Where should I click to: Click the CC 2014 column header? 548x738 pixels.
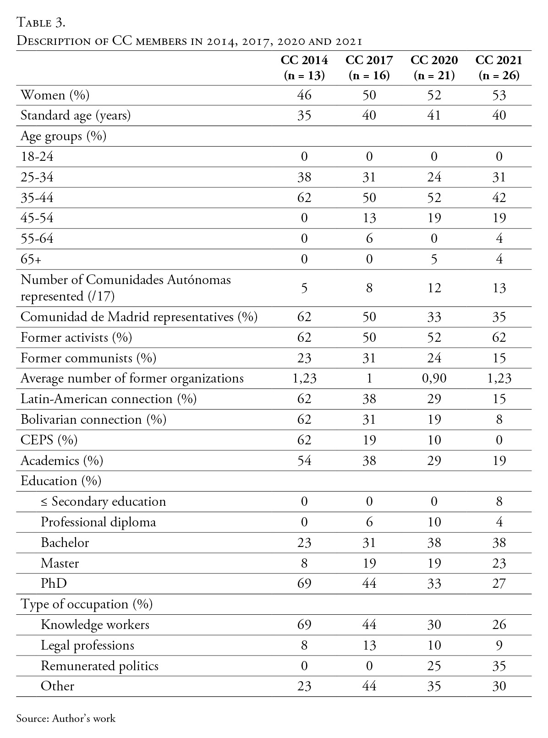click(x=304, y=67)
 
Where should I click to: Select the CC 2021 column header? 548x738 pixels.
click(x=499, y=67)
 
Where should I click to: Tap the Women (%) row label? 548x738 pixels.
click(x=55, y=95)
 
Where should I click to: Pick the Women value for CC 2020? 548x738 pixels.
click(x=434, y=95)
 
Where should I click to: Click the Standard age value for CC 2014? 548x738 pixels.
click(x=304, y=115)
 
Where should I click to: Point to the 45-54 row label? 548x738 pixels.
click(x=37, y=218)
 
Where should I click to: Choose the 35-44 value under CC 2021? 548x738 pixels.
click(x=499, y=197)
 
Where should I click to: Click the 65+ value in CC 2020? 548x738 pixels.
click(x=434, y=259)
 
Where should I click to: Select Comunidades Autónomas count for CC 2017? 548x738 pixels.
click(x=369, y=288)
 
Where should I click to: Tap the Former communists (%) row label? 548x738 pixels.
click(x=88, y=358)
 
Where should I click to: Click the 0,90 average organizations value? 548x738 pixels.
click(x=434, y=378)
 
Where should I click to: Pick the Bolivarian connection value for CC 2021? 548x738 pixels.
click(x=499, y=420)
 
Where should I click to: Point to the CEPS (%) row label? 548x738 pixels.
click(x=49, y=440)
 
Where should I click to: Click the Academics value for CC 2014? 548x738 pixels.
click(x=304, y=460)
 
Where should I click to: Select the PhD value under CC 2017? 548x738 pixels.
click(x=369, y=584)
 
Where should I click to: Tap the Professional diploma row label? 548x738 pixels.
click(x=99, y=522)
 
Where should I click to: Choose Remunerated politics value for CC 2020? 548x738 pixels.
click(x=434, y=666)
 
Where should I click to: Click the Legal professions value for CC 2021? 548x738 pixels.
click(x=499, y=645)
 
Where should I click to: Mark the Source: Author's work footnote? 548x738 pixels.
click(x=66, y=718)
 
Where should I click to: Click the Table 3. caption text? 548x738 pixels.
click(x=42, y=22)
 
